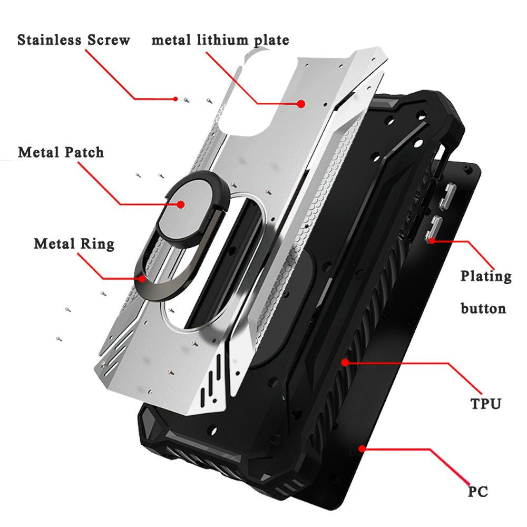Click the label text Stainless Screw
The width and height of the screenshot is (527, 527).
pos(73,41)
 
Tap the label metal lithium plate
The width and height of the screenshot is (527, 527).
pos(220,40)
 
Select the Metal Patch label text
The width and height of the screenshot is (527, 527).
pos(61,153)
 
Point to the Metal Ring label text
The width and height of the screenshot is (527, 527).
pos(74,244)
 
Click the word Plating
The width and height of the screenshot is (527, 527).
pos(486,277)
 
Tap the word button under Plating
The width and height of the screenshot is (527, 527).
pos(483,308)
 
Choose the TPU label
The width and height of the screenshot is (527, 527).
pos(485,404)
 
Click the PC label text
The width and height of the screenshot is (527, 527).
pos(477,492)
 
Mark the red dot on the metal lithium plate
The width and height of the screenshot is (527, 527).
pos(301,104)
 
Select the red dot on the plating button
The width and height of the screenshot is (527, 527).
pos(432,240)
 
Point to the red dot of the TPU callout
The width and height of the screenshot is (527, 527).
pos(345,362)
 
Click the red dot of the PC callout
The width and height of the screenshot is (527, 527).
pos(362,448)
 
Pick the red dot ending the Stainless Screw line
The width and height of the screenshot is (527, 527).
pos(175,99)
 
